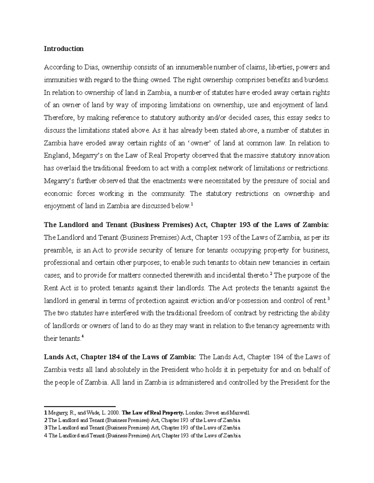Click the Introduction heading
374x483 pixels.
(x=64, y=49)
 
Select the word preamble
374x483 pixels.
(x=58, y=250)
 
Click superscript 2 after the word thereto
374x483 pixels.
(x=271, y=274)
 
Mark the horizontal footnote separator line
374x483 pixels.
(x=79, y=406)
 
